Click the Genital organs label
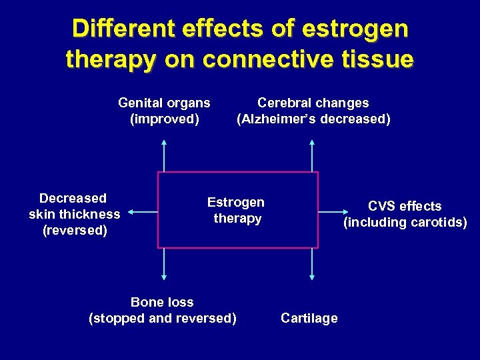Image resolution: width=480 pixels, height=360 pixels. (164, 103)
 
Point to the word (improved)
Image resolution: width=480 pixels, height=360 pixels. (164, 119)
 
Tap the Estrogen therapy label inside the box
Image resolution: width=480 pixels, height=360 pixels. (236, 210)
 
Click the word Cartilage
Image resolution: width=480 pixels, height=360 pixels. (309, 318)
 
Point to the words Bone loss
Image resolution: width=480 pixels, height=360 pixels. (162, 302)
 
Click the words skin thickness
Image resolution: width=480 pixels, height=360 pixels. (75, 214)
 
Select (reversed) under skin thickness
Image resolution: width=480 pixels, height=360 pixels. (75, 231)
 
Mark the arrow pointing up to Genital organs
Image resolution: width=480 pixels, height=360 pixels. (164, 156)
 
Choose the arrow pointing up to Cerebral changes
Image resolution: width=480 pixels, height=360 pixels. (312, 156)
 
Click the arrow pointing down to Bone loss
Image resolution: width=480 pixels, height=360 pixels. (164, 263)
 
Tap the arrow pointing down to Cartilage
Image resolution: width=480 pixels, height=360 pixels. (312, 263)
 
